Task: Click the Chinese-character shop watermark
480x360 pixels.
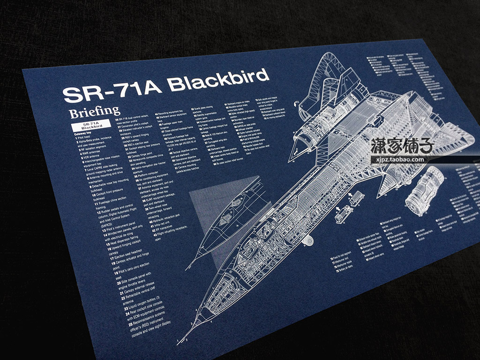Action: [403, 146]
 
